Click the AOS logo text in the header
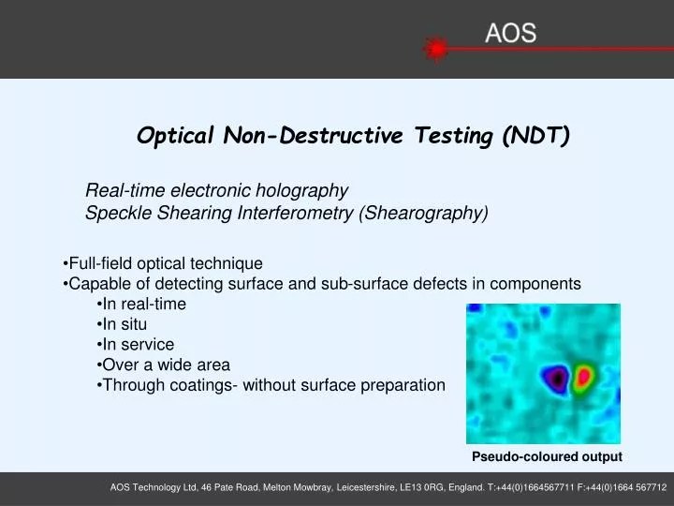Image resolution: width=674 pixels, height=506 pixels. pyautogui.click(x=510, y=34)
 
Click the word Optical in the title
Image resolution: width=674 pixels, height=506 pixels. pyautogui.click(x=177, y=136)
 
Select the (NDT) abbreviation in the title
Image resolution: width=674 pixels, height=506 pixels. pyautogui.click(x=535, y=136)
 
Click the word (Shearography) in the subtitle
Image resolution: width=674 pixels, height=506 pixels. pyautogui.click(x=423, y=214)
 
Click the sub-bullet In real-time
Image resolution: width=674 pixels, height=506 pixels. pyautogui.click(x=144, y=304)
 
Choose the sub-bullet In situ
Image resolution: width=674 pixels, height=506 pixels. pyautogui.click(x=125, y=324)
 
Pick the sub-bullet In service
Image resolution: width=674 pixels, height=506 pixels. pyautogui.click(x=138, y=344)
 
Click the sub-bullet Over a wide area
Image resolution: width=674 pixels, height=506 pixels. pyautogui.click(x=166, y=365)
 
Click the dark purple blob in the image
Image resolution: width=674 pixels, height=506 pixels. pyautogui.click(x=558, y=378)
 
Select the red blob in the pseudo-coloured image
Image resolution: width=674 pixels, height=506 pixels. pyautogui.click(x=585, y=378)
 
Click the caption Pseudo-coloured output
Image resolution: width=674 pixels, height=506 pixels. pyautogui.click(x=547, y=456)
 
